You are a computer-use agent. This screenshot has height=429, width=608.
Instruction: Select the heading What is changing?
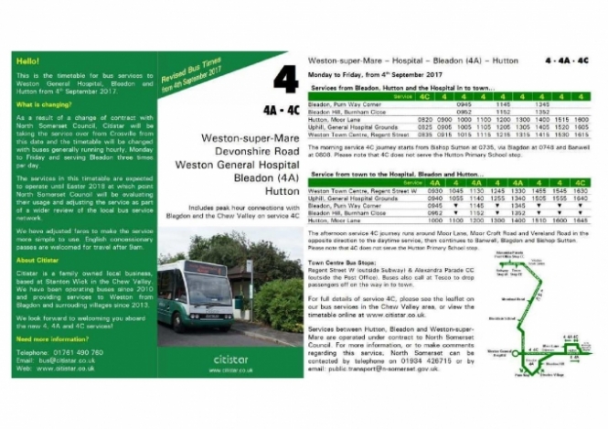43,106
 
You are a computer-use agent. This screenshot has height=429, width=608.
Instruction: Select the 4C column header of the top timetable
425,95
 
